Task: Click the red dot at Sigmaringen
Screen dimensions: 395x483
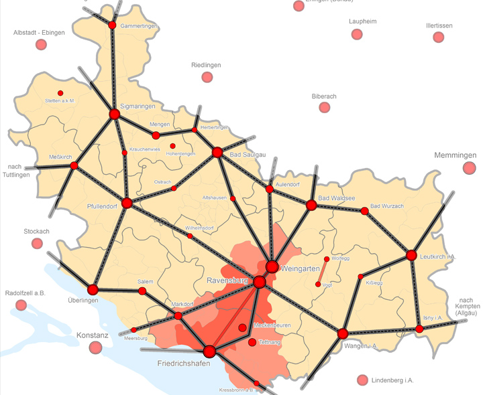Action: (114, 114)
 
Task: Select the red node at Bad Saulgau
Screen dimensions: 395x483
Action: (217, 153)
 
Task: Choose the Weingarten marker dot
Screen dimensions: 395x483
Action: (272, 267)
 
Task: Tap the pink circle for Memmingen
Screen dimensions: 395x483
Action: (469, 168)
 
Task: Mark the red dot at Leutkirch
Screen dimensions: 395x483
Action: (411, 255)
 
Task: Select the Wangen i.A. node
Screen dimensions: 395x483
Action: (343, 333)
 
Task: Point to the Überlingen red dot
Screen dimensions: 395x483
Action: (93, 289)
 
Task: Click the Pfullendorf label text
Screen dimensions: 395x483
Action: (102, 206)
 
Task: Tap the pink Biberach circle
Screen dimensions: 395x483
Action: (324, 107)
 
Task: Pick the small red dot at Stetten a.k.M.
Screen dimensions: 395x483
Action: (60, 93)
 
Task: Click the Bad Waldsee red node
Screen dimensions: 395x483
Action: (311, 206)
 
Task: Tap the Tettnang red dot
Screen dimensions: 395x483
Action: (252, 342)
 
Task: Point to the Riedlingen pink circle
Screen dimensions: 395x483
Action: (207, 77)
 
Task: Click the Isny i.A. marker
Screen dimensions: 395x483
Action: (419, 329)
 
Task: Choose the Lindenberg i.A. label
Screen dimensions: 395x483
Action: (392, 380)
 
